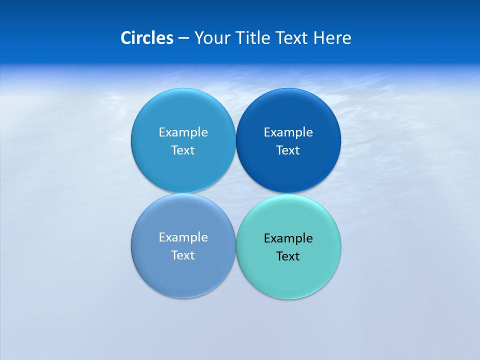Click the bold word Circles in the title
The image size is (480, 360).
(x=147, y=38)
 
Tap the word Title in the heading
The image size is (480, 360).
(x=253, y=38)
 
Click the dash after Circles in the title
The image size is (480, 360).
(x=183, y=38)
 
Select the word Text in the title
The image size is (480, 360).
(x=292, y=38)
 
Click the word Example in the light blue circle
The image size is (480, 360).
(x=183, y=132)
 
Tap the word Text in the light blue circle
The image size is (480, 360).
(x=183, y=150)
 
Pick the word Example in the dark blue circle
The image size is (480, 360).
(x=288, y=132)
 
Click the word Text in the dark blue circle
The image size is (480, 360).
(x=288, y=150)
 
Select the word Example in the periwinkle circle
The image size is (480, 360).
(x=183, y=237)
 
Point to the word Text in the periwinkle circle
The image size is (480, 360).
(x=183, y=255)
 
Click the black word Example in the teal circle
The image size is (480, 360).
(x=288, y=238)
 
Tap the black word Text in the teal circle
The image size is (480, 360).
(x=288, y=256)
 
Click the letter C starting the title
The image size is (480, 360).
(x=125, y=38)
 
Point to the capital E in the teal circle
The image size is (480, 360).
(x=267, y=238)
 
